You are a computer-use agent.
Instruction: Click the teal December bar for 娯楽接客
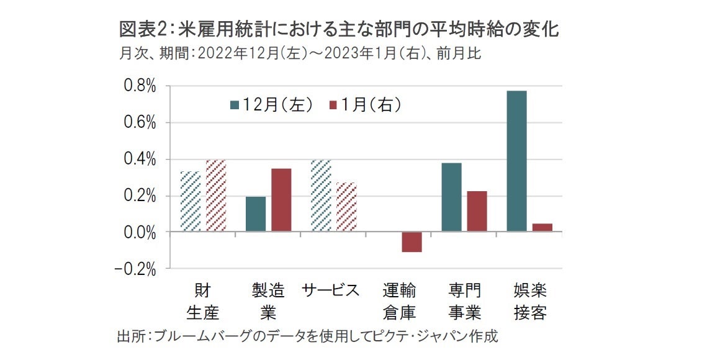(517, 161)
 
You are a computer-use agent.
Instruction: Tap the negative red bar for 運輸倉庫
(411, 242)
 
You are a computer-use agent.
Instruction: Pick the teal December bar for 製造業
(256, 214)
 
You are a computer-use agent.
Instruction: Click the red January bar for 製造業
(281, 200)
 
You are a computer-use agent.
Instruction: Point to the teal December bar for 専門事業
(451, 197)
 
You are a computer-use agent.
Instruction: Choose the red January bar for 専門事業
(477, 212)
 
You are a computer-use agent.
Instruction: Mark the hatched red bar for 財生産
(215, 196)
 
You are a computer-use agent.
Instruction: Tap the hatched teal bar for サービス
(321, 196)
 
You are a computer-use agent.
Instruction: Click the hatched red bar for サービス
(346, 207)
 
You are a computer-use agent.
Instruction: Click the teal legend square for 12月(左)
(235, 105)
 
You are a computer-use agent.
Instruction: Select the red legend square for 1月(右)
(332, 105)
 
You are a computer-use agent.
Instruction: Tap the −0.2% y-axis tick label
(136, 269)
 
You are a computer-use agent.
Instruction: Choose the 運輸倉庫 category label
(399, 301)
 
